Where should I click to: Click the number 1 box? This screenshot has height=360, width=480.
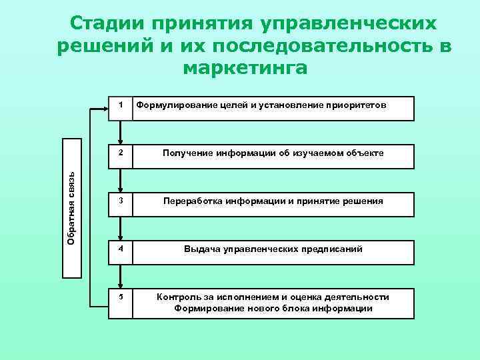(120, 107)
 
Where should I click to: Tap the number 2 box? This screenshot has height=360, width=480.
(120, 155)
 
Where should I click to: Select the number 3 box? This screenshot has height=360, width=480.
(120, 203)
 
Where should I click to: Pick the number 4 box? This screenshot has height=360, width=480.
(120, 251)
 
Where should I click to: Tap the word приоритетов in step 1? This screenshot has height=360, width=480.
(358, 105)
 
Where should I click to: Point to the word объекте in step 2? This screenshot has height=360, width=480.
(360, 153)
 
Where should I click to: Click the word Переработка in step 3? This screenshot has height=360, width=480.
(192, 201)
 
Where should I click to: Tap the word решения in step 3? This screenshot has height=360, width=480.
(361, 201)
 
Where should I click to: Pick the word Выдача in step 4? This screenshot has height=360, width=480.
(203, 249)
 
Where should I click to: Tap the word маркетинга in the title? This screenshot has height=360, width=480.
(245, 68)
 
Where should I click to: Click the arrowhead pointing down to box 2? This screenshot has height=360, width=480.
(120, 141)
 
